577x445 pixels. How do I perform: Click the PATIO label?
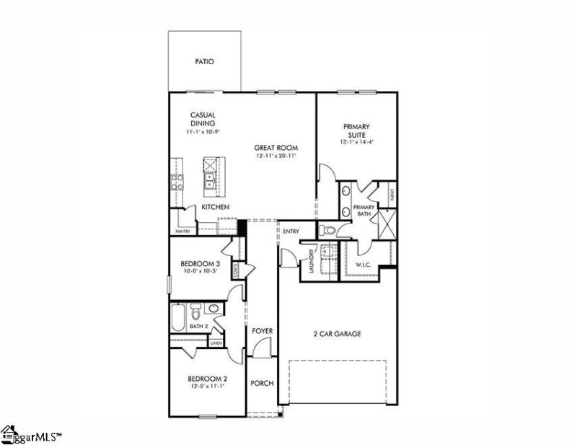[205, 62]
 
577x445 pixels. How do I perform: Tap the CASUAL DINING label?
[203, 119]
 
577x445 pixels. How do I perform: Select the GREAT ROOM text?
[276, 148]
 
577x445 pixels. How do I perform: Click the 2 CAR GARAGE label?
[337, 334]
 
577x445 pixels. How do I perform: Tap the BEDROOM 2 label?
[208, 379]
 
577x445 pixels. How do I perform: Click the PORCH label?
[262, 383]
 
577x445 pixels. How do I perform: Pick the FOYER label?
[262, 331]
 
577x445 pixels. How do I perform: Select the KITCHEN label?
[215, 208]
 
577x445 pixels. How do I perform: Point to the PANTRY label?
[182, 232]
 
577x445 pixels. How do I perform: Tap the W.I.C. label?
[363, 265]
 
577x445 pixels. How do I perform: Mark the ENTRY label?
[291, 231]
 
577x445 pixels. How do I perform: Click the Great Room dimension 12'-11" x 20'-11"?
[276, 157]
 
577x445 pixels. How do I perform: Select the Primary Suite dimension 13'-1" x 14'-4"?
[356, 143]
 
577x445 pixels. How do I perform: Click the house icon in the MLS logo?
[9, 434]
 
